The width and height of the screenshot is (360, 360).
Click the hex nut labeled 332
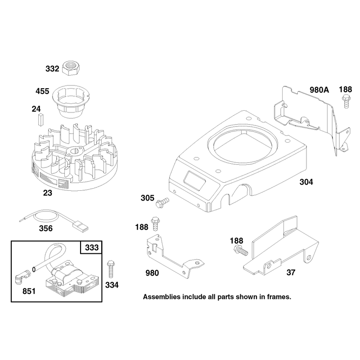tap(69, 68)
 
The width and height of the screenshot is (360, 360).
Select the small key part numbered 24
tap(40, 120)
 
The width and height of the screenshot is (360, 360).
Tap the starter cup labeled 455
tap(71, 102)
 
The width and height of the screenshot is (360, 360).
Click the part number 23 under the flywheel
tap(48, 193)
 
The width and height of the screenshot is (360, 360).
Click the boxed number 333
tap(92, 247)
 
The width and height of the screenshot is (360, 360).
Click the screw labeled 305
tap(162, 203)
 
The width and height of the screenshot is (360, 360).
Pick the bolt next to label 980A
tap(346, 100)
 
